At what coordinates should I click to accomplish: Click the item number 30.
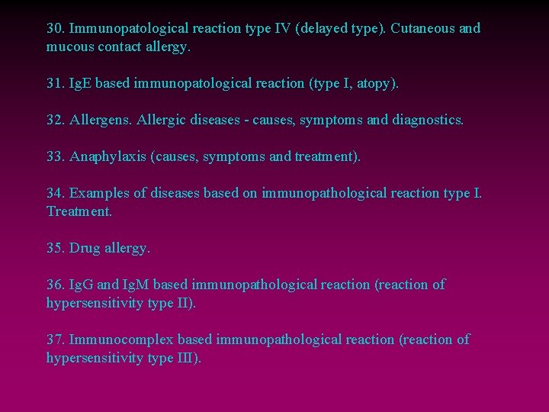click(55, 29)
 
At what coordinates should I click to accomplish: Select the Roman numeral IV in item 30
click(283, 29)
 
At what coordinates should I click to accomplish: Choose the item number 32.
click(55, 120)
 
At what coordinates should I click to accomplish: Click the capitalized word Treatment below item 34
click(79, 211)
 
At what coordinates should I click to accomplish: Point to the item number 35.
click(55, 248)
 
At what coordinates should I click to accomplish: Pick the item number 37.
click(55, 339)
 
